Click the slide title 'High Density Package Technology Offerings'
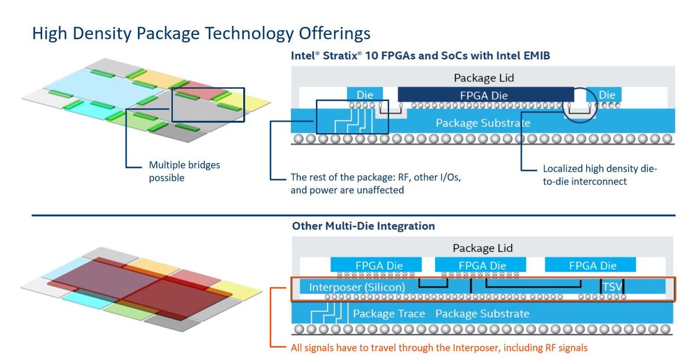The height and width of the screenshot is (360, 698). pyautogui.click(x=201, y=33)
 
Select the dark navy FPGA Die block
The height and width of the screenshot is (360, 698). pyautogui.click(x=486, y=95)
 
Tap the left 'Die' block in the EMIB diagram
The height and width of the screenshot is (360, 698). pyautogui.click(x=364, y=95)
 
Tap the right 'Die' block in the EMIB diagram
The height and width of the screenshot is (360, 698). pyautogui.click(x=607, y=95)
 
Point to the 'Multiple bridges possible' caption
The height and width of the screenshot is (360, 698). pyautogui.click(x=184, y=172)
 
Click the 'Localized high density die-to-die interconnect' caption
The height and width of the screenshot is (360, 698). pyautogui.click(x=599, y=174)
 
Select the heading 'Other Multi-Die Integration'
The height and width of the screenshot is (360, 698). pyautogui.click(x=363, y=226)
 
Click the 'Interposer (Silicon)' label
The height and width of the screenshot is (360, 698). pyautogui.click(x=357, y=287)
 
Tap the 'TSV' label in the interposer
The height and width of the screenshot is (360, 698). pyautogui.click(x=611, y=287)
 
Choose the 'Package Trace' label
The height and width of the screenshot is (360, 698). pyautogui.click(x=389, y=313)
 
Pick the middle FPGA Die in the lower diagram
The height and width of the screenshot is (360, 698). pyautogui.click(x=482, y=265)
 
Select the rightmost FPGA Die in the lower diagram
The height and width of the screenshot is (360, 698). pyautogui.click(x=592, y=265)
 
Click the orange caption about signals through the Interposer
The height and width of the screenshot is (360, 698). pyautogui.click(x=439, y=348)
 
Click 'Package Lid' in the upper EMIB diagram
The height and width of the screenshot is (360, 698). pyautogui.click(x=483, y=78)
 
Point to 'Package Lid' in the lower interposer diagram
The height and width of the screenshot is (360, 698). pyautogui.click(x=482, y=248)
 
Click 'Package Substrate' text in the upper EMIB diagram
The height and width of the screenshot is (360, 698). pyautogui.click(x=482, y=123)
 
